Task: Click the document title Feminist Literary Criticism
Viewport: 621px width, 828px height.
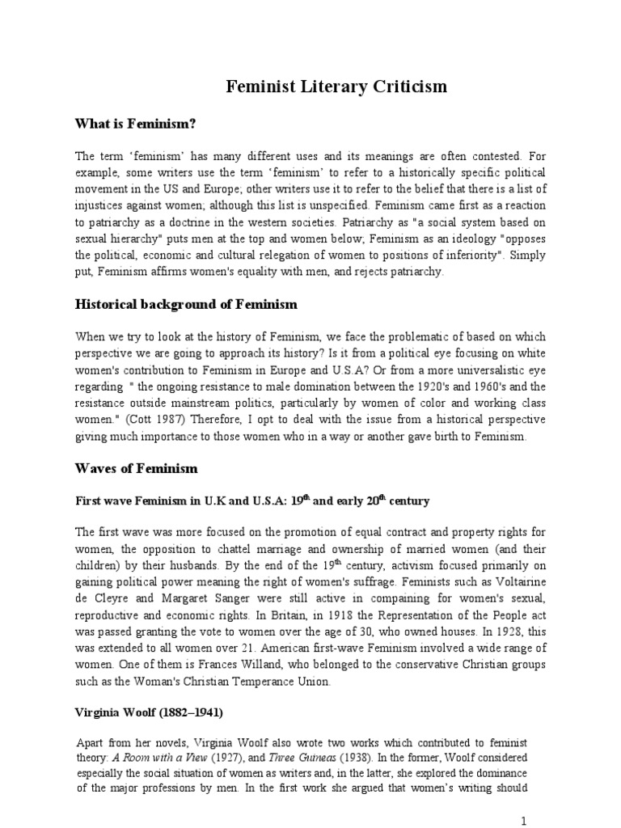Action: (x=335, y=87)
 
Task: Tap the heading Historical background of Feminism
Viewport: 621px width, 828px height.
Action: (x=186, y=305)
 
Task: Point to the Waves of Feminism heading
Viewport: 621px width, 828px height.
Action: (x=136, y=469)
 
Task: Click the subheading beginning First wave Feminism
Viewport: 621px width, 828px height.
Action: (x=252, y=501)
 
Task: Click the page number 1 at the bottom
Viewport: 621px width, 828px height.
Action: (x=524, y=821)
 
